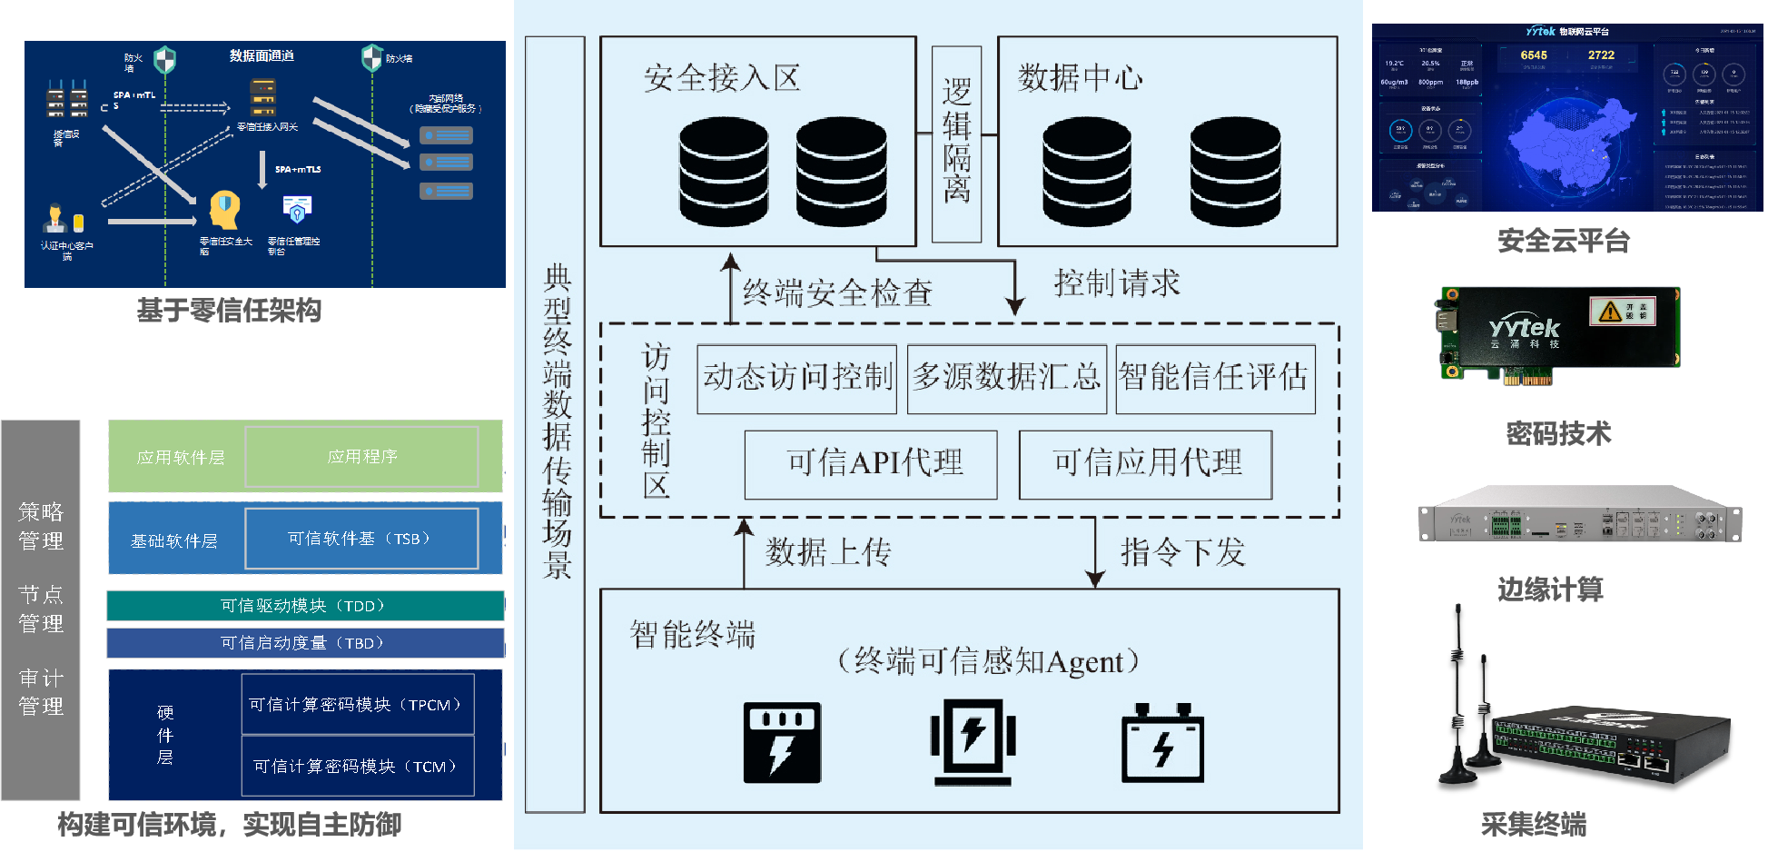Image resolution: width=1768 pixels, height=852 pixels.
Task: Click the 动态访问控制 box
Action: [796, 378]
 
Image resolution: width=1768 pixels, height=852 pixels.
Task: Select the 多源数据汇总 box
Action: [1006, 378]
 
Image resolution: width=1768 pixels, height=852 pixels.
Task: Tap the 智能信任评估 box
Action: [1215, 378]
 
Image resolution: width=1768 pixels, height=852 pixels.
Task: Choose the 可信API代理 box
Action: [871, 464]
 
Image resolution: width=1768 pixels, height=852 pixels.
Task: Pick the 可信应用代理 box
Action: [1145, 464]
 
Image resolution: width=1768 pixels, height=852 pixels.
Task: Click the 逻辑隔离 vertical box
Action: [956, 144]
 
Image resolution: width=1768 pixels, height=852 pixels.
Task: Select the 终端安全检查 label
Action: [837, 293]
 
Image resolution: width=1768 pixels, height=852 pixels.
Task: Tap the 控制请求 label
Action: [1117, 283]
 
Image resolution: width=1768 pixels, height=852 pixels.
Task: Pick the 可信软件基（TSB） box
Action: [361, 539]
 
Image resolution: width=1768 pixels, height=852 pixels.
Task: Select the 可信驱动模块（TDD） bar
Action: [305, 606]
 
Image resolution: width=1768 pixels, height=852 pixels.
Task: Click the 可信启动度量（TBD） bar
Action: [305, 643]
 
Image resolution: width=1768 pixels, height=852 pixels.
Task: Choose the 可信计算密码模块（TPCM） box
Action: [358, 704]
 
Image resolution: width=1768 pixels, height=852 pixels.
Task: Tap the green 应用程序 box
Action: [361, 457]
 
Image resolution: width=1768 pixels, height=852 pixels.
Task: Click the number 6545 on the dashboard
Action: [1534, 55]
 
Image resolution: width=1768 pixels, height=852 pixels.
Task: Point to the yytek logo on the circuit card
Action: [1524, 328]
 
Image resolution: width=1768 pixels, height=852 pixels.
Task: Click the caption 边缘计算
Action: [1550, 590]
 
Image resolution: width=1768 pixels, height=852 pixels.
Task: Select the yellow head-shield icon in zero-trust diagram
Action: [224, 209]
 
